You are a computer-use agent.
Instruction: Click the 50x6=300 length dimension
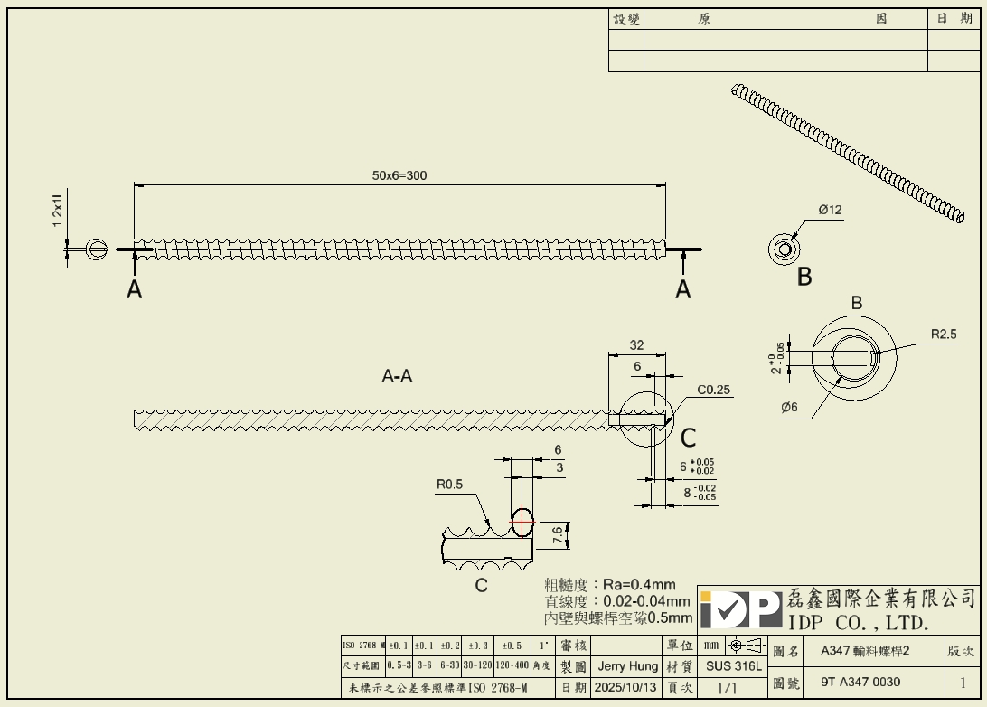tap(399, 175)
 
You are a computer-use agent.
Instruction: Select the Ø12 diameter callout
tap(830, 211)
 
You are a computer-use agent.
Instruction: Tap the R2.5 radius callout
tap(944, 335)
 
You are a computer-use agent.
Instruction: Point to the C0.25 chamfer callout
tap(714, 391)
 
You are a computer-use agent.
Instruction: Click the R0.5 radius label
tap(449, 485)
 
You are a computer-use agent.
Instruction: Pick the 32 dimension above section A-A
tap(636, 345)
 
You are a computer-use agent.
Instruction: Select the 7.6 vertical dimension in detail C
tap(558, 534)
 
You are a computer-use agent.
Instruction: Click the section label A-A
tap(397, 377)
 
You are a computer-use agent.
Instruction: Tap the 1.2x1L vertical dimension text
tap(57, 209)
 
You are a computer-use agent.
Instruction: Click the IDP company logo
tap(740, 610)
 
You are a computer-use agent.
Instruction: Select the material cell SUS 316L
tap(733, 666)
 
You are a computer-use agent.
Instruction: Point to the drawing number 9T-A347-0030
tap(860, 682)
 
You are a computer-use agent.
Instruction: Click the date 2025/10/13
tap(625, 687)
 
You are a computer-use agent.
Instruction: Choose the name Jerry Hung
tap(627, 666)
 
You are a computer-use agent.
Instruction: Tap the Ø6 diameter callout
tap(789, 408)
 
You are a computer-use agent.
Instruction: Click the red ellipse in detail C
tap(522, 521)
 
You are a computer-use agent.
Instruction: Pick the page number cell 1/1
tap(727, 687)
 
